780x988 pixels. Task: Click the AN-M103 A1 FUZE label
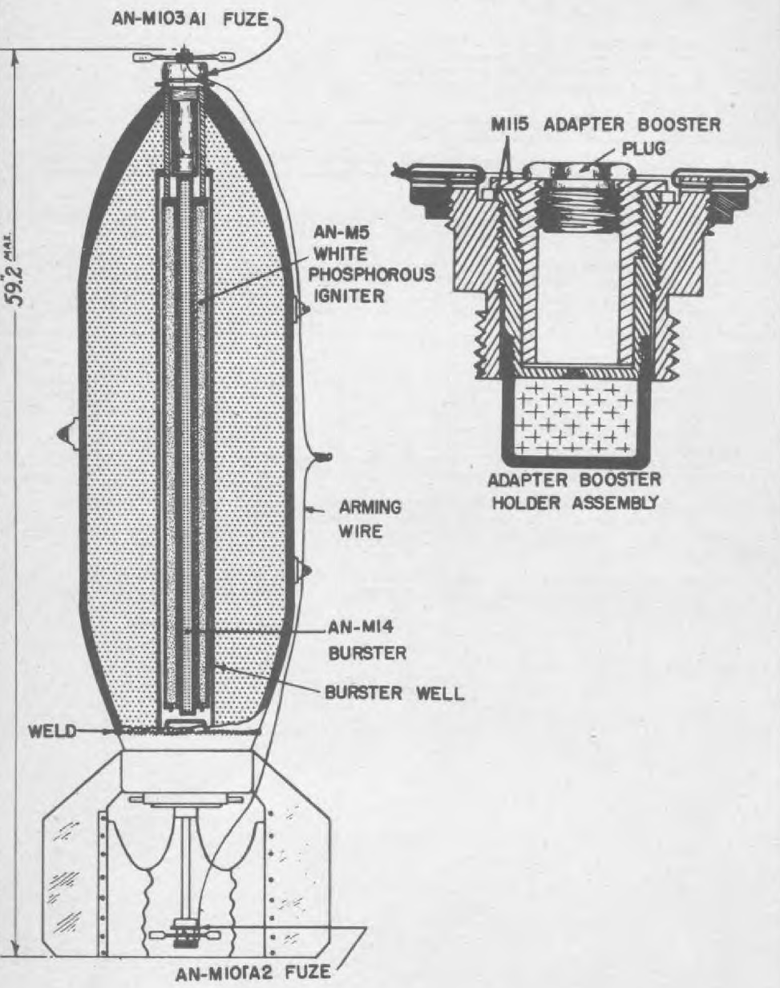190,21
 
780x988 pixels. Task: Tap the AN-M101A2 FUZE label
253,973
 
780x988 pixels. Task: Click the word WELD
52,732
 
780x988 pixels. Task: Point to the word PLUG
643,149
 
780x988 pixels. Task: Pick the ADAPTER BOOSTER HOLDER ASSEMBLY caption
574,492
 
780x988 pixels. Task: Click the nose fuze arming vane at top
184,57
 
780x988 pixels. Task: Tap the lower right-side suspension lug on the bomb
301,571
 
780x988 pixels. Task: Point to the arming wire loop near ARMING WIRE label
323,457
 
